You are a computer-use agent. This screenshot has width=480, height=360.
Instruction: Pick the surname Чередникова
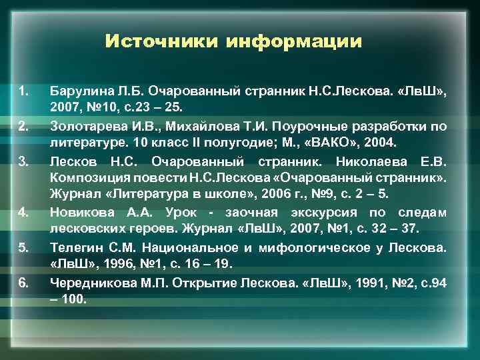[x=89, y=283]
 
